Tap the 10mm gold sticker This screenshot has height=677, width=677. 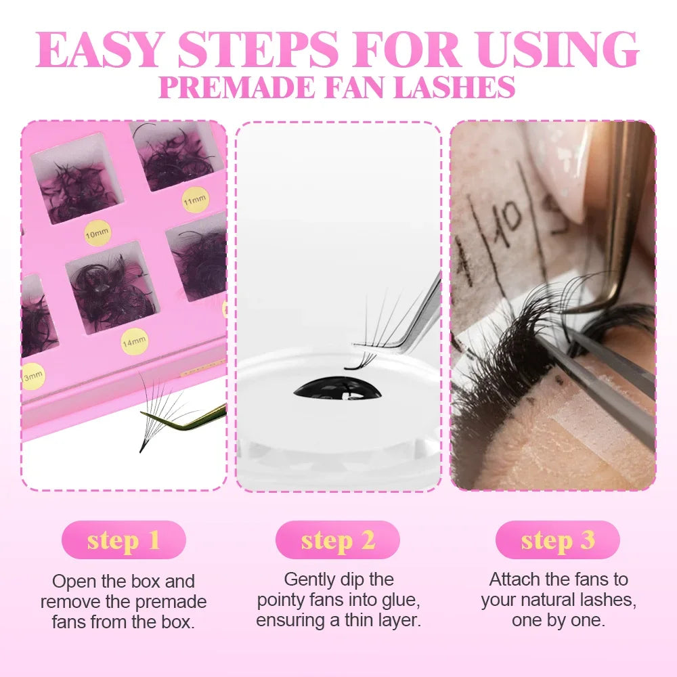pos(97,233)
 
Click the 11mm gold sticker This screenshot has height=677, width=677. pos(196,199)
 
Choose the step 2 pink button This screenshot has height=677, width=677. pos(337,540)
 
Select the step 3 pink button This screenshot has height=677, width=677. pos(557,540)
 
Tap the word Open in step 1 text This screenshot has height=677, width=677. pos(70,582)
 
